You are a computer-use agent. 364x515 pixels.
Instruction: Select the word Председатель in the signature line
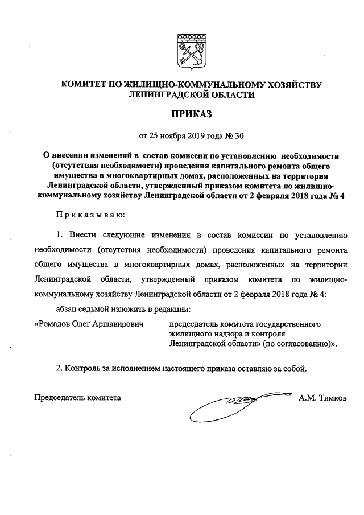click(60, 397)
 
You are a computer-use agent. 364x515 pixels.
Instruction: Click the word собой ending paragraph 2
click(294, 368)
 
